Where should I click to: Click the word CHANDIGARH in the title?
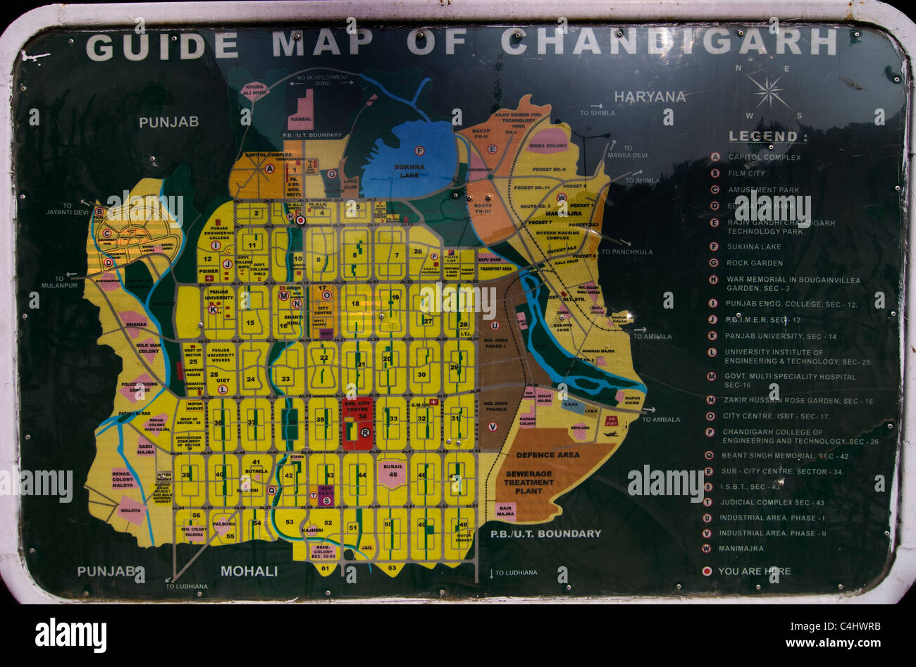(x=668, y=44)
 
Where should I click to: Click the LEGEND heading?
(x=767, y=137)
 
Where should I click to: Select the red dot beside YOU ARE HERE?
(x=707, y=571)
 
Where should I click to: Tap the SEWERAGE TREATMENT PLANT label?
(x=528, y=482)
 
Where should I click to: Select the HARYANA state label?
(x=650, y=96)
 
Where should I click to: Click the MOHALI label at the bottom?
(x=249, y=571)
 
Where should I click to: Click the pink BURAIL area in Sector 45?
(x=392, y=474)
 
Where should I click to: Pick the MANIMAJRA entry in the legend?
(x=741, y=549)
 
